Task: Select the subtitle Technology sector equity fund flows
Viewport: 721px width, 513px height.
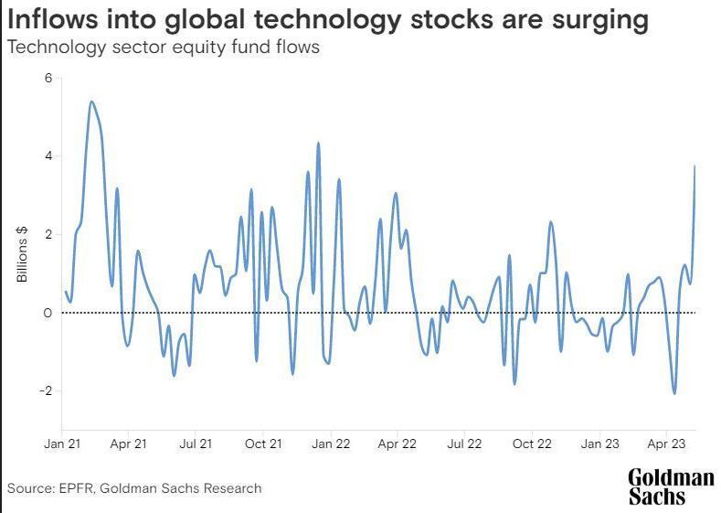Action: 164,48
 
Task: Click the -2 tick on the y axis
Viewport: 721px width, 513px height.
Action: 45,391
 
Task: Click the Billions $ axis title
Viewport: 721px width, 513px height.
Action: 23,255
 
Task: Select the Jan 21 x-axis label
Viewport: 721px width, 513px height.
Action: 61,444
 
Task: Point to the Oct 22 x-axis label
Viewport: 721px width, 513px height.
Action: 532,444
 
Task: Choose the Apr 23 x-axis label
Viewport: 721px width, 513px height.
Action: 666,444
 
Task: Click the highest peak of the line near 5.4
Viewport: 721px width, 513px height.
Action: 91,102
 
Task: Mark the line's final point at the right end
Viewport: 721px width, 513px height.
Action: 695,166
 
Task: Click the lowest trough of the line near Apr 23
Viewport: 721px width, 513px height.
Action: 674,393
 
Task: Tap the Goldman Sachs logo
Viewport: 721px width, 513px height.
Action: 671,486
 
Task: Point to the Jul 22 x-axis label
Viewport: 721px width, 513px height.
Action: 464,444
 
